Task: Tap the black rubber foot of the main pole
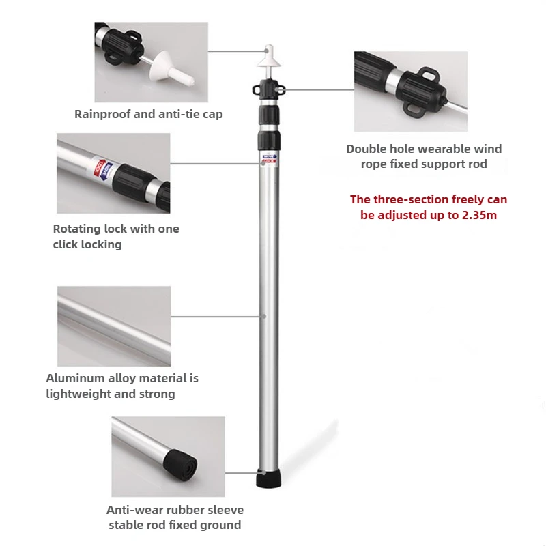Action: point(268,478)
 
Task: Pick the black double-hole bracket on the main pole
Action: point(268,89)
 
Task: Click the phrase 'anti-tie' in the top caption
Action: point(174,114)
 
